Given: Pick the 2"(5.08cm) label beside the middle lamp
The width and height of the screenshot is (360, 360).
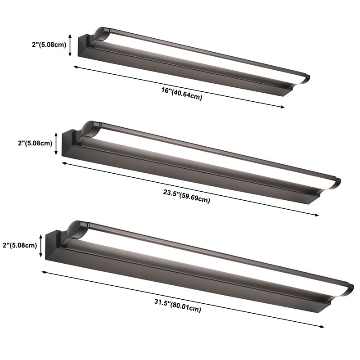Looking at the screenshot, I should (x=35, y=143).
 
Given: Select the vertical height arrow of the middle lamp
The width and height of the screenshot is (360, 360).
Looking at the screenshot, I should (x=56, y=143).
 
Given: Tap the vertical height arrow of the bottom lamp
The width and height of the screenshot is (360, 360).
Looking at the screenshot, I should (x=42, y=245).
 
